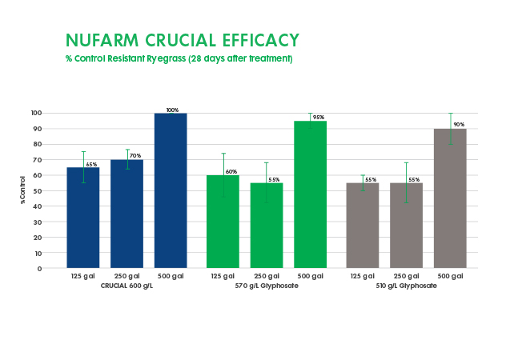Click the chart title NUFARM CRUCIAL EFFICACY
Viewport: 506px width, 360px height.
[x=182, y=40]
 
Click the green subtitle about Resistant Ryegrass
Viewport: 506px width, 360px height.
[x=179, y=59]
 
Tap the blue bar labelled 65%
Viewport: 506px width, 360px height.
[x=82, y=220]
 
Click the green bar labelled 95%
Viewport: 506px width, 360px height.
[x=311, y=194]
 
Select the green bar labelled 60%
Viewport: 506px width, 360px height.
[x=223, y=224]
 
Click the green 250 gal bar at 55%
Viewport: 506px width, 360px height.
[x=267, y=228]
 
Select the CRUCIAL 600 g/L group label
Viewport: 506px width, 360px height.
[x=127, y=286]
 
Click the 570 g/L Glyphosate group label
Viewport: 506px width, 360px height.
[x=267, y=286]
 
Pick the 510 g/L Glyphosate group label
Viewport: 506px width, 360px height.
[x=407, y=286]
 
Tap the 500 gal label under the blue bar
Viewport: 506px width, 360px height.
[x=171, y=277]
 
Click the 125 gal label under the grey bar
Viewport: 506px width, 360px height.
[x=363, y=277]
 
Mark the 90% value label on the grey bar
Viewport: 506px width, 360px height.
[x=459, y=125]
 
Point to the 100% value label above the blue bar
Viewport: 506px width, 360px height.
[x=171, y=110]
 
